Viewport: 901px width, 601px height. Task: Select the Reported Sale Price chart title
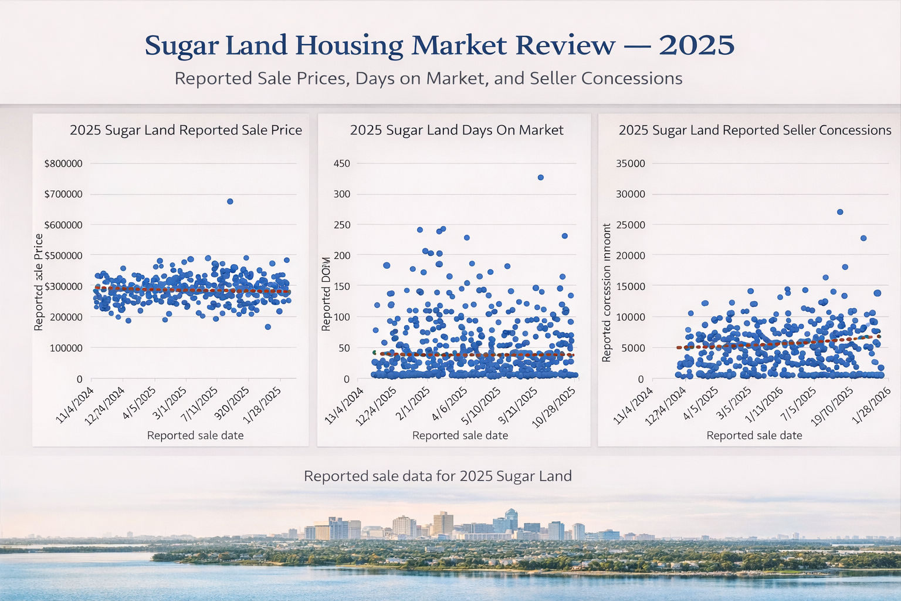[186, 130]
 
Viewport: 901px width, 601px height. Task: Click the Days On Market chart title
[456, 130]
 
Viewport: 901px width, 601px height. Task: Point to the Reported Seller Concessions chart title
[755, 130]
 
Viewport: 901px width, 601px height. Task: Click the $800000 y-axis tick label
[63, 164]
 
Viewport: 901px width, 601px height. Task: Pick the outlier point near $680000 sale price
[230, 201]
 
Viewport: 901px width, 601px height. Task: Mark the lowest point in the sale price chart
[267, 327]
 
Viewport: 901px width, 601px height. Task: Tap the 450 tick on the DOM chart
[341, 164]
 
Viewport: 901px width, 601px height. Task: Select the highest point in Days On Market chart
[541, 177]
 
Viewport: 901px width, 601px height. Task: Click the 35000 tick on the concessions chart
[630, 164]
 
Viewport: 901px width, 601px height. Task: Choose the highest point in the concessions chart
[840, 212]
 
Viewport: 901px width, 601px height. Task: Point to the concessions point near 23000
[863, 238]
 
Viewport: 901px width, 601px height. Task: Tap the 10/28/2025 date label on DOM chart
[554, 408]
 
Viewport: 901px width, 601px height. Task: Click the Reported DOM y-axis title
[326, 293]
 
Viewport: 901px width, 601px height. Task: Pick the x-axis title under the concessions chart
[754, 435]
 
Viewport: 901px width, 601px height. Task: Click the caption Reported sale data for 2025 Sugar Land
[438, 476]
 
